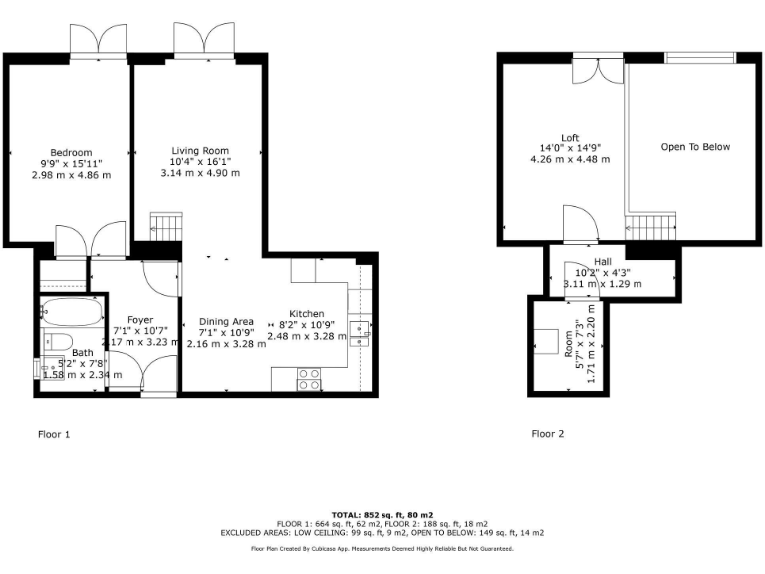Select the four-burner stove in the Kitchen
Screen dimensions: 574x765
tap(310, 378)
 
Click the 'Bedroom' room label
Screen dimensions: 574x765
tap(71, 152)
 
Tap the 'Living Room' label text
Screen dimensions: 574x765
tap(200, 149)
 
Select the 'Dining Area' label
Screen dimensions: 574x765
tap(226, 321)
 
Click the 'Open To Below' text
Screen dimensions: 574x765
tap(695, 147)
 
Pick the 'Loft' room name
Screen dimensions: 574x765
tap(569, 138)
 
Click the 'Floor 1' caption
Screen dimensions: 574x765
tap(54, 434)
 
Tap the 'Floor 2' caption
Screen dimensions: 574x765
tap(547, 434)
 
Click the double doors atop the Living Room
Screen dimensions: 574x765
tap(202, 41)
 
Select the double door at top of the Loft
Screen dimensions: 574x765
tap(598, 69)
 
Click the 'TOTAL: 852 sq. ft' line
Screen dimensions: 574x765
tap(382, 514)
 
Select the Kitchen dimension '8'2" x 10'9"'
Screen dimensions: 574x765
tap(306, 325)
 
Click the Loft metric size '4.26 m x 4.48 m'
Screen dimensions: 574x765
tap(570, 159)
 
